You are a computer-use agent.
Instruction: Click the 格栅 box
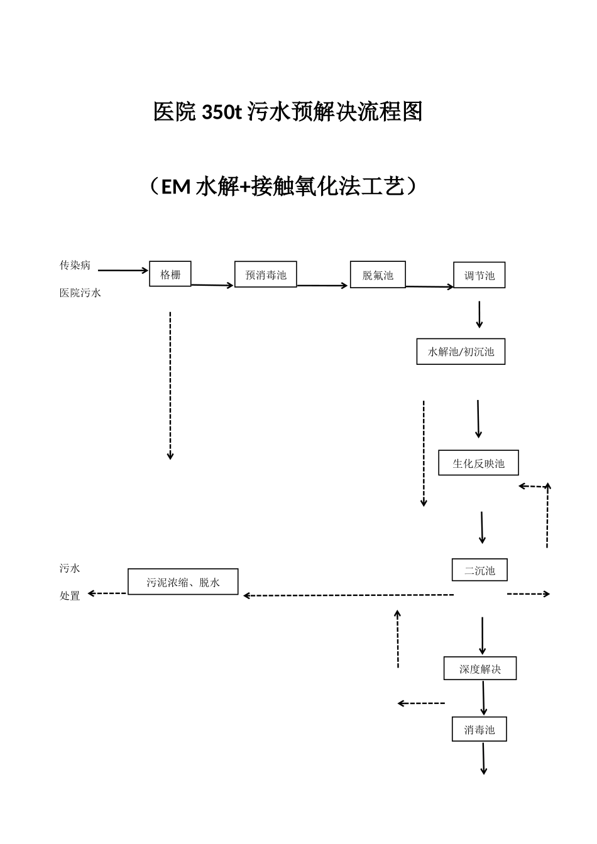point(170,274)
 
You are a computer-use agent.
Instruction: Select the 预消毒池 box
point(265,274)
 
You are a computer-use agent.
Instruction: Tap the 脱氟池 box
point(378,274)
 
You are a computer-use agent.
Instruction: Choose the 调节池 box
point(479,275)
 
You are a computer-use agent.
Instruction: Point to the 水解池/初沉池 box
point(461,352)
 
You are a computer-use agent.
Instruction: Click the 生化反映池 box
point(478,463)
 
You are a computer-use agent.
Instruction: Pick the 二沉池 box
point(479,570)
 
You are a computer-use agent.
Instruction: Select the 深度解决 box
point(480,669)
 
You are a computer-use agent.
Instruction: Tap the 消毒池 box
point(479,730)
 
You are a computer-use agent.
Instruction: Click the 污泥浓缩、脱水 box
point(183,582)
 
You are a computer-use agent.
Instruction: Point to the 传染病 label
point(75,265)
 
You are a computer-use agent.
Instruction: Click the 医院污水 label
point(80,293)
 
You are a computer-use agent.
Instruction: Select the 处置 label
point(70,596)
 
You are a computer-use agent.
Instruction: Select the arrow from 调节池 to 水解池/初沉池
point(479,315)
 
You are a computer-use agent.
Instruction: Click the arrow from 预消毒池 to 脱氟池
point(322,285)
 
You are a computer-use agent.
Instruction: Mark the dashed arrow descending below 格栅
point(170,385)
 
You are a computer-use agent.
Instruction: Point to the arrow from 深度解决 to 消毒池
point(483,698)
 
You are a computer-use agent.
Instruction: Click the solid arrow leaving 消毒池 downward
point(483,759)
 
